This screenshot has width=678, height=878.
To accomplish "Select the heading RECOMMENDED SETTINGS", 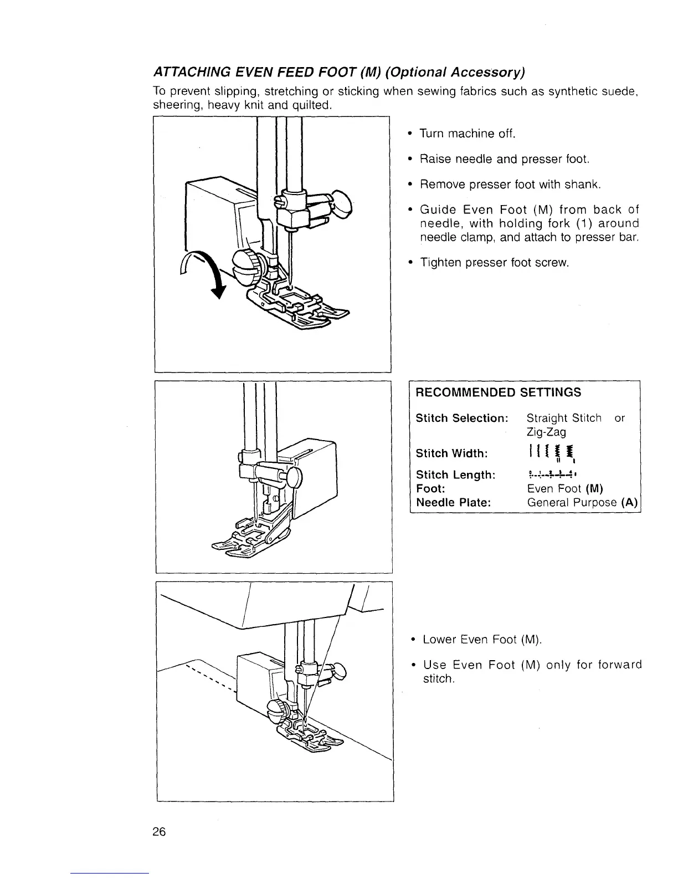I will pos(498,392).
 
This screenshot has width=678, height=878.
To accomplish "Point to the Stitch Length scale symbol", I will pos(552,474).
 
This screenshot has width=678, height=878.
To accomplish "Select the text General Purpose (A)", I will pos(582,502).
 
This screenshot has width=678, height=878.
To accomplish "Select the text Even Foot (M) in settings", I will pos(564,488).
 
